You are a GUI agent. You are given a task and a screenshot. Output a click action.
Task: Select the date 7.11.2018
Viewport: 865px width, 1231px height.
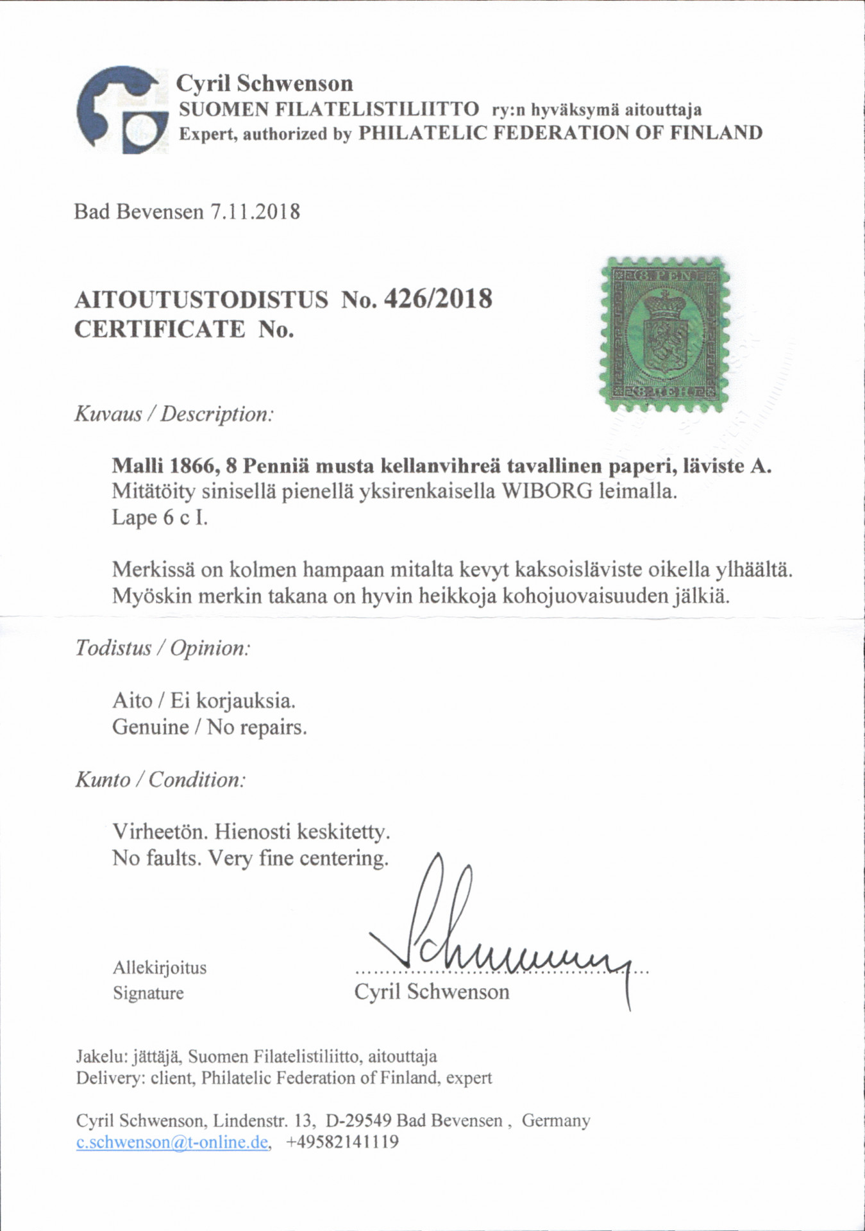point(255,212)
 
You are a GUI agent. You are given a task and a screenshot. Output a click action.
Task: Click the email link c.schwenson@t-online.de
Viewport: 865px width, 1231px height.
point(172,1142)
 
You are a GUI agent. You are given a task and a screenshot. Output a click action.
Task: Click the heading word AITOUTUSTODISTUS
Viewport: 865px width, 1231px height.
point(201,299)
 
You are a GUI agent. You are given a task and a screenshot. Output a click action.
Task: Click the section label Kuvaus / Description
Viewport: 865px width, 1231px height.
point(174,414)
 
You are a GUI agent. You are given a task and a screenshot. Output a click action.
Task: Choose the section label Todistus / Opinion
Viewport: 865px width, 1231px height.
point(162,648)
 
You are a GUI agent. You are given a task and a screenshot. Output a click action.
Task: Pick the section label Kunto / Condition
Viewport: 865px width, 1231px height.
point(160,780)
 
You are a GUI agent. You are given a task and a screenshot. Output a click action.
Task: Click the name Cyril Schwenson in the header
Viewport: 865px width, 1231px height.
point(264,83)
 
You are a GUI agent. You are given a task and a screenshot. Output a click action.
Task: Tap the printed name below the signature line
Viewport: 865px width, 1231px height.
point(432,992)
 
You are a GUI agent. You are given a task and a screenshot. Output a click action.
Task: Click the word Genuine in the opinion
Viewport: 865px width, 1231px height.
point(150,727)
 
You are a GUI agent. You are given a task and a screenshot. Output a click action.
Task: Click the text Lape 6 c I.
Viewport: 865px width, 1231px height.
point(160,517)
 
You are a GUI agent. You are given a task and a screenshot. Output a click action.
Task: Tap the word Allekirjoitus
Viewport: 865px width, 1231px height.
point(160,967)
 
